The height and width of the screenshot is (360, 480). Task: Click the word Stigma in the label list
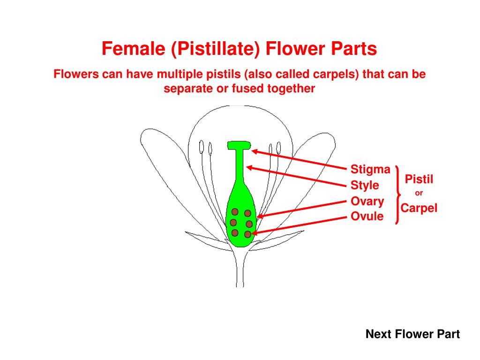coord(370,169)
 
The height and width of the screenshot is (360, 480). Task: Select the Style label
coord(365,186)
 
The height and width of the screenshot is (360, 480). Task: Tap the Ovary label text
coord(367,202)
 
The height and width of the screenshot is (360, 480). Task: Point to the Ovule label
coord(367,217)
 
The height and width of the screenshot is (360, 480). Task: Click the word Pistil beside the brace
coord(419,179)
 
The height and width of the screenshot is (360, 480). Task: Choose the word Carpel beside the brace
coord(419,208)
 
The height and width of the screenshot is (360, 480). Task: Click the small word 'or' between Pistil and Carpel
coord(419,193)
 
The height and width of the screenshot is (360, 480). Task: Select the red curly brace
coord(398,194)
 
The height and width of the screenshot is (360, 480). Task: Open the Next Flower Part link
coord(412,334)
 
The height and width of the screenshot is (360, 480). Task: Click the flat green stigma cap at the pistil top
coord(239,145)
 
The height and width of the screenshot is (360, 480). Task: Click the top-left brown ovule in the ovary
coord(235,212)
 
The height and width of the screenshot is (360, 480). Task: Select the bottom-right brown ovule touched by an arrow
coord(247,233)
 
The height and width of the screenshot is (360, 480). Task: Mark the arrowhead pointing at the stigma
coord(255,151)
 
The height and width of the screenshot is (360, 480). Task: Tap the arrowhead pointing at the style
coord(249,167)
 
